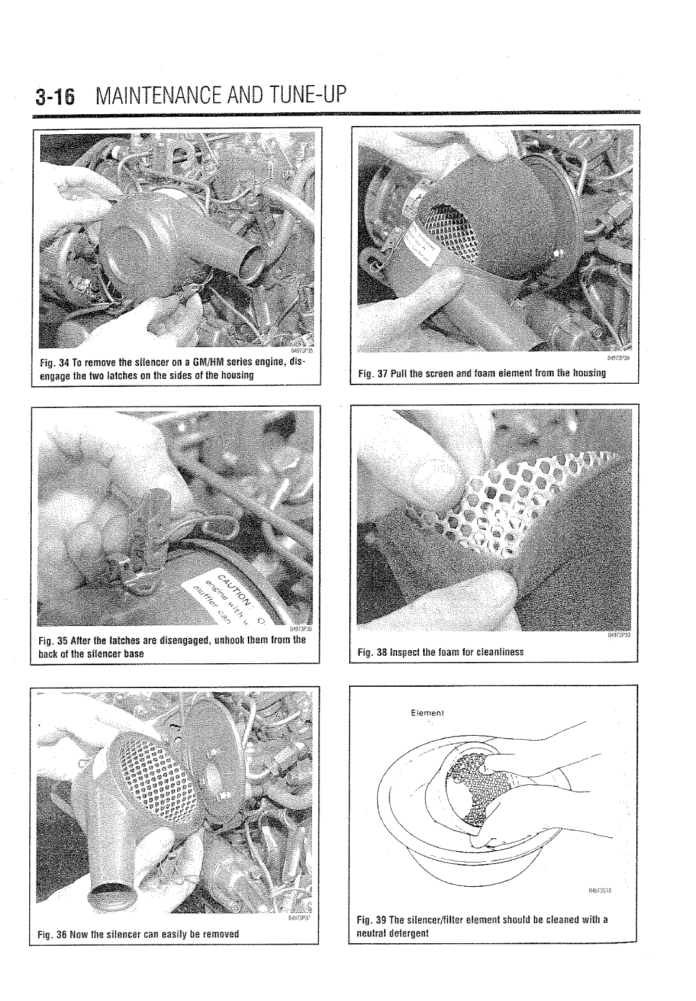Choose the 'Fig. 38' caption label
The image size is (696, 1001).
point(373,652)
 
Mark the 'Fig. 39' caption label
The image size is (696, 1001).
point(373,920)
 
